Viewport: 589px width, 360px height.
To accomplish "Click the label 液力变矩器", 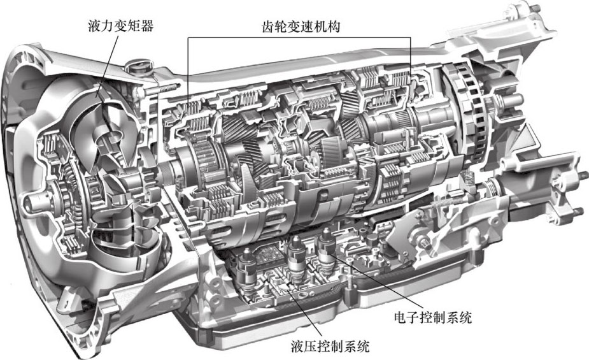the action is pyautogui.click(x=120, y=26).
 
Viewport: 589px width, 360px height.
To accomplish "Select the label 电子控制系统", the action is pyautogui.click(x=433, y=318).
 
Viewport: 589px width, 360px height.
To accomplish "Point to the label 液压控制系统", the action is pyautogui.click(x=330, y=346).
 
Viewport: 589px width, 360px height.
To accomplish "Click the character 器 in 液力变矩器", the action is pyautogui.click(x=147, y=26).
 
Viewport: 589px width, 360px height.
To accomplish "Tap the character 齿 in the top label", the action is pyautogui.click(x=268, y=27).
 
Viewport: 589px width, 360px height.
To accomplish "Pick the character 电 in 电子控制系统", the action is pyautogui.click(x=401, y=318).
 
